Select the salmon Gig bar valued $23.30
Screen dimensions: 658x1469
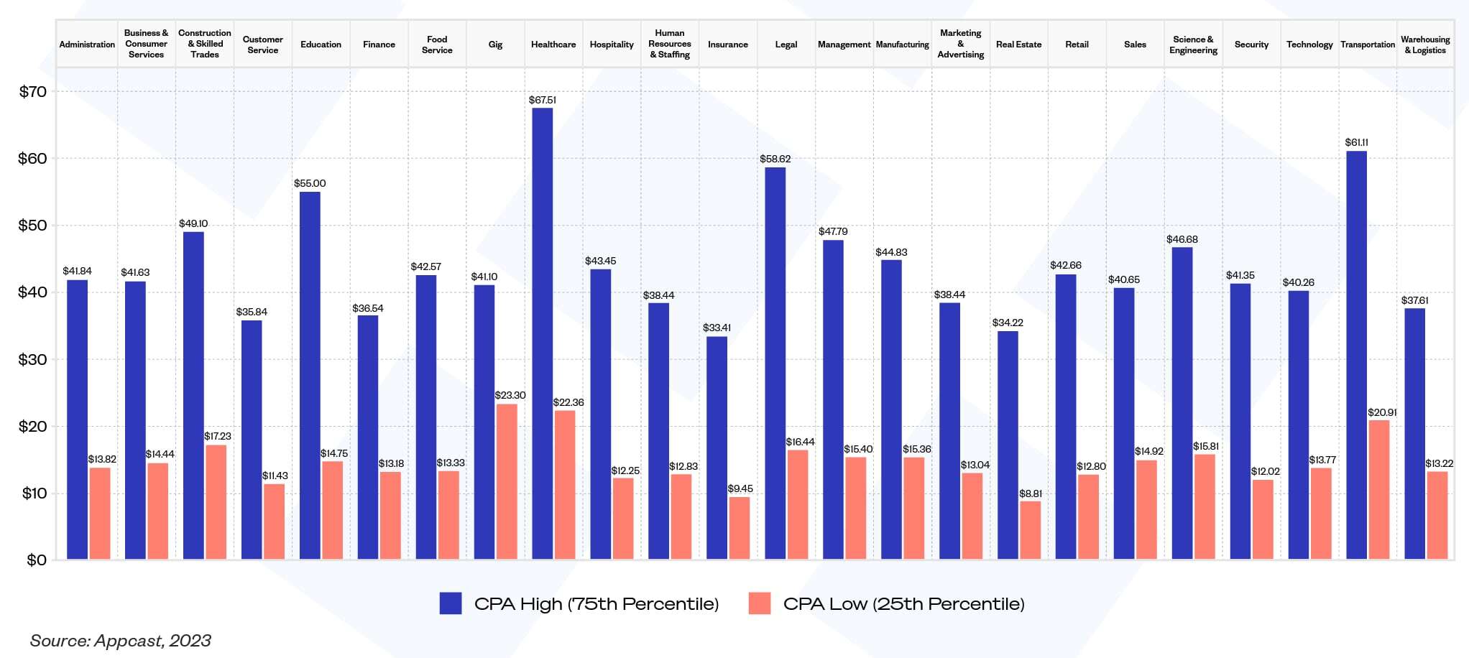click(507, 481)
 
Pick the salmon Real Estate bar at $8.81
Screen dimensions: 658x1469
click(1030, 530)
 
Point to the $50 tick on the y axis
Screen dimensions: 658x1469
click(32, 226)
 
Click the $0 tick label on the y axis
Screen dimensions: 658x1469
click(37, 560)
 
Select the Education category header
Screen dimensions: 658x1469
click(321, 45)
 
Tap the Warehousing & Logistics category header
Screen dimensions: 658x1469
click(1425, 45)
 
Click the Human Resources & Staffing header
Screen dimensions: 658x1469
click(670, 44)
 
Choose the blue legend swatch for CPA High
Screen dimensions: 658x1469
click(451, 603)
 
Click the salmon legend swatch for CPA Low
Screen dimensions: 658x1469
click(760, 603)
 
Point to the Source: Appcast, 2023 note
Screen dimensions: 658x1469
click(121, 641)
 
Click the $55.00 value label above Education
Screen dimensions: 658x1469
click(310, 183)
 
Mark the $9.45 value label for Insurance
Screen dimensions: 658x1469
click(740, 488)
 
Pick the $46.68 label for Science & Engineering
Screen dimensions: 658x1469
click(1182, 239)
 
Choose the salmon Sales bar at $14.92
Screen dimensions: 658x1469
click(1146, 509)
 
